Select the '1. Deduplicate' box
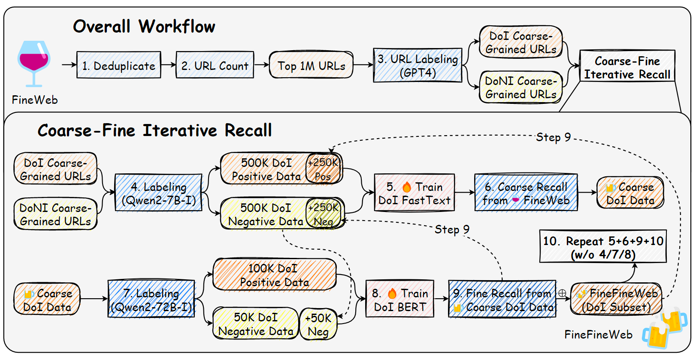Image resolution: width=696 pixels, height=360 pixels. point(118,65)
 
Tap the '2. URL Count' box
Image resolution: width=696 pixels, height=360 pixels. point(215,65)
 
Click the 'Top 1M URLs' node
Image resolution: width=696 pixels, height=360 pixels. point(311,65)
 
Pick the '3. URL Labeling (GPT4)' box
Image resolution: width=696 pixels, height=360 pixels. point(418,65)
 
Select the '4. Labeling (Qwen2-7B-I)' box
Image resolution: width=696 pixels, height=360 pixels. point(158,193)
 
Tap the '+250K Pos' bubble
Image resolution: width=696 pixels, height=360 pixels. point(324,169)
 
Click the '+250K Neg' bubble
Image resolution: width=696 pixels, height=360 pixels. point(324,214)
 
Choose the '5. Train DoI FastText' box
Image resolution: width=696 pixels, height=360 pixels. point(414,193)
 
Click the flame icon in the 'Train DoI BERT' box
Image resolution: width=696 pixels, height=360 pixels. point(392,293)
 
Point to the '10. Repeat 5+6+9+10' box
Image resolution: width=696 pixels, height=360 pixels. point(602,247)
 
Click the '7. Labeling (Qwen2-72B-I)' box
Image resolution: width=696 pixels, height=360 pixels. point(151,299)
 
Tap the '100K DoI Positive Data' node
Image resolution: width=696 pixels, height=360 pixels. point(275,275)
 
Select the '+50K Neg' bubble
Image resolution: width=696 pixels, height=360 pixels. point(318,324)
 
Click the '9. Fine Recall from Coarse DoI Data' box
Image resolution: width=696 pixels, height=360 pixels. point(502,299)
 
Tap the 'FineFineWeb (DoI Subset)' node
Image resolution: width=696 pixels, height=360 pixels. point(616,299)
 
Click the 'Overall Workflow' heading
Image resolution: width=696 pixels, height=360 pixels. point(144,27)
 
